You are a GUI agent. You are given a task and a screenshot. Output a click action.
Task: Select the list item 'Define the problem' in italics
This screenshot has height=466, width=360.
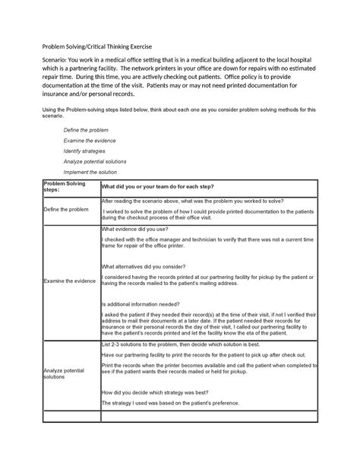(85, 130)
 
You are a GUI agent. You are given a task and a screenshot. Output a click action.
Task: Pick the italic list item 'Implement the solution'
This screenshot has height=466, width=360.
(90, 172)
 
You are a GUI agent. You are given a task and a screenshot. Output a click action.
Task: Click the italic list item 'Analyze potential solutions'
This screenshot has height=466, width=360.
(95, 161)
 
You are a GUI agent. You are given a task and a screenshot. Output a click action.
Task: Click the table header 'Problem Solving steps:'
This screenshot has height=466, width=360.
(65, 187)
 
